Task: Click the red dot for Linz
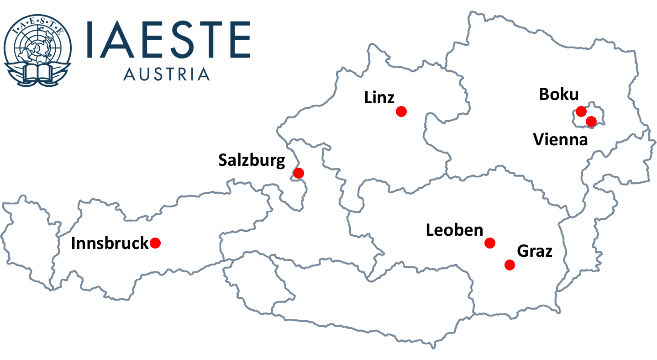click(401, 111)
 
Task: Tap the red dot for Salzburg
click(298, 173)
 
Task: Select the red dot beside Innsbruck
click(155, 243)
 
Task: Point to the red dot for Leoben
click(490, 243)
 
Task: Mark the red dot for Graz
click(510, 265)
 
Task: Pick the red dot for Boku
click(581, 111)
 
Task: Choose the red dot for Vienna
click(591, 121)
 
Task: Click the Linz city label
click(379, 98)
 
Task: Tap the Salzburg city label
click(252, 161)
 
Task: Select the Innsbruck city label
click(110, 244)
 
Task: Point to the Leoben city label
click(454, 230)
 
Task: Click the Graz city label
click(535, 251)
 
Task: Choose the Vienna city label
click(561, 139)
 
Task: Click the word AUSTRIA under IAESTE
click(167, 74)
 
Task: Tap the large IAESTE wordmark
click(168, 39)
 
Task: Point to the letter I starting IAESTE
click(90, 39)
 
